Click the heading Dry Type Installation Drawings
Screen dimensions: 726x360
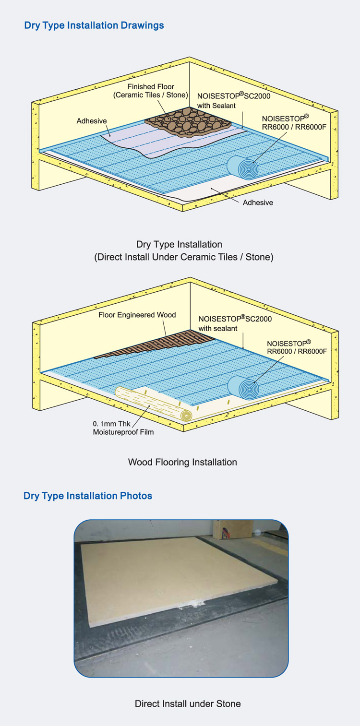94,25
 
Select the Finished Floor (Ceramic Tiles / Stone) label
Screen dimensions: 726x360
150,91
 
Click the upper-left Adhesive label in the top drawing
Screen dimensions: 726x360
92,121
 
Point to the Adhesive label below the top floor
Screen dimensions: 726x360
258,202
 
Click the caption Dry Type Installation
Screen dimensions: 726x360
179,245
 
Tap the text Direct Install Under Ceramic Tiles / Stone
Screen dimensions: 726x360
183,257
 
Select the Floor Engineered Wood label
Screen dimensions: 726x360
137,315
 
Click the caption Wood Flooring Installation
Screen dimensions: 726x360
182,462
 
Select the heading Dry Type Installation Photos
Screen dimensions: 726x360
88,496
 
